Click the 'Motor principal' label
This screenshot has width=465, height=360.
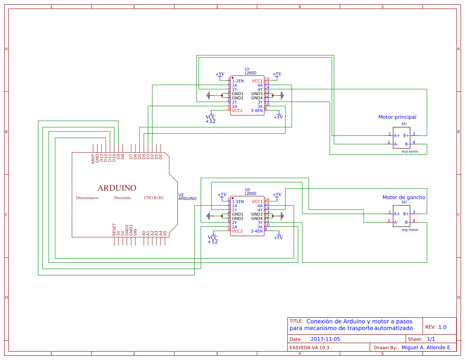coord(397,117)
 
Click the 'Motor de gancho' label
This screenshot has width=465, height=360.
coord(404,198)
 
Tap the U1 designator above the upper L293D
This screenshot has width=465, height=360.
coord(247,69)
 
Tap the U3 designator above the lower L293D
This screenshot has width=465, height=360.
coord(247,190)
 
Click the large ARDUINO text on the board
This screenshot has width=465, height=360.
coord(117,188)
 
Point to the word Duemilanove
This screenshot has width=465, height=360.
coord(88,198)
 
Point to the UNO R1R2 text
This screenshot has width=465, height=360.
coord(153,198)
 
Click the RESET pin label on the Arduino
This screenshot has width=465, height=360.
coord(114,229)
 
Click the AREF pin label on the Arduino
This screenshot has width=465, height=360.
coord(93,159)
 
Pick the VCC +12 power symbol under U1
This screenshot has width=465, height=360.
coord(211,119)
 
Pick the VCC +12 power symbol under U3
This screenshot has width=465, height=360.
coord(213,239)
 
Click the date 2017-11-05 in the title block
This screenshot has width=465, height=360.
coord(325,339)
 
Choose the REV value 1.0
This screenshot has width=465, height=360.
coord(442,327)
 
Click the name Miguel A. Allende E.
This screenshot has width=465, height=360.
coord(426,347)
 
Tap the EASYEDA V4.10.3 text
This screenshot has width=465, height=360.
coord(309,348)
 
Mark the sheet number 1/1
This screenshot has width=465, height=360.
coord(431,339)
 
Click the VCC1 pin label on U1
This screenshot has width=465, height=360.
coord(257,81)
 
